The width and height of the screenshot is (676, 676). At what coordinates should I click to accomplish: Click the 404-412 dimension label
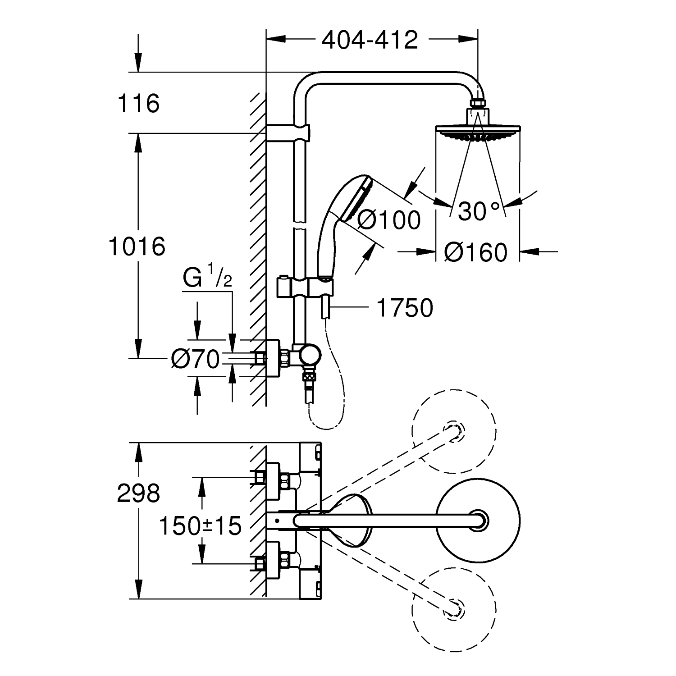(x=370, y=40)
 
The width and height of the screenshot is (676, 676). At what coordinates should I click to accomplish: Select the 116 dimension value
(x=139, y=103)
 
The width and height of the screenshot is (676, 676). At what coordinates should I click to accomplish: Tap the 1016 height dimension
(x=137, y=247)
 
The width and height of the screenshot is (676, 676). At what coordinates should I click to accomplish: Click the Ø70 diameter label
(x=195, y=359)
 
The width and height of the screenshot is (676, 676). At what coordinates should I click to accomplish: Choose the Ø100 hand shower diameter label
(x=388, y=220)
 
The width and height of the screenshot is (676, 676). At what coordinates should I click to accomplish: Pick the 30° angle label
(x=480, y=211)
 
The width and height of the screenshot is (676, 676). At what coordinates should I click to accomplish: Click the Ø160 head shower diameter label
(x=476, y=252)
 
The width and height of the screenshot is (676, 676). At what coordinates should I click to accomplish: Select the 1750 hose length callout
(x=404, y=308)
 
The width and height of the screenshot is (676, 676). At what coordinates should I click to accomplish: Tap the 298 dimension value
(x=138, y=493)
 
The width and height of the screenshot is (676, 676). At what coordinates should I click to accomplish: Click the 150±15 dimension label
(x=201, y=525)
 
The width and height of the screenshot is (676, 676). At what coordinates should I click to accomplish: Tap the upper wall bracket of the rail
(x=288, y=132)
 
